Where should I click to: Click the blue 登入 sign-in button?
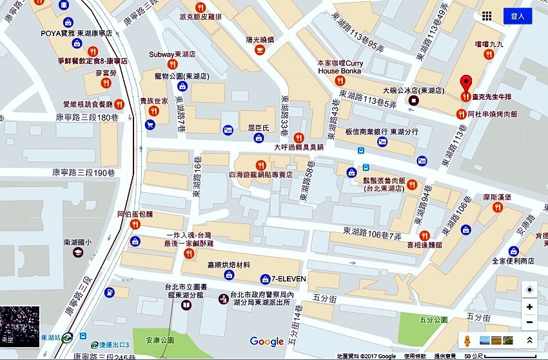518,16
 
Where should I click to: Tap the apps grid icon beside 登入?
487,16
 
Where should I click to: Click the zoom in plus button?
529,307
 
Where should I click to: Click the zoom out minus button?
529,322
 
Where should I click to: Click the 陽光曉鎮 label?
260,39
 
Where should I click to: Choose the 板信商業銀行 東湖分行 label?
382,132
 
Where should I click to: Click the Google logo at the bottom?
267,341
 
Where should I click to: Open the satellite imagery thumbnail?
19,326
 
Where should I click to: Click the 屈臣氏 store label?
258,129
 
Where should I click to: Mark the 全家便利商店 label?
513,261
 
